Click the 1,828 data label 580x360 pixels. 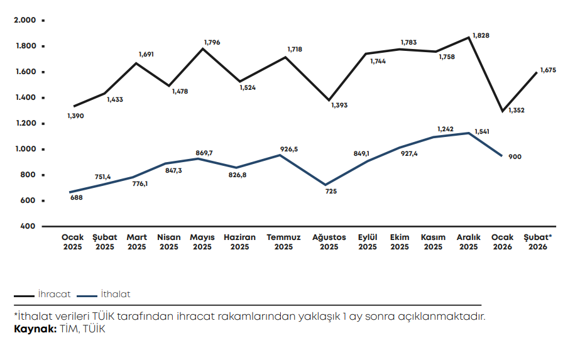[481, 36]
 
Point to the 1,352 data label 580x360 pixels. [516, 111]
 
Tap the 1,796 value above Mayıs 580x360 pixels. [212, 43]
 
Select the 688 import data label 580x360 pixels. [76, 197]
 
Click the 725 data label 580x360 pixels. [331, 191]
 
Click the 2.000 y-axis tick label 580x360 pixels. [25, 20]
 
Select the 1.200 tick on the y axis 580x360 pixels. [25, 123]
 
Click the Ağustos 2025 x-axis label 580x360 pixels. [329, 242]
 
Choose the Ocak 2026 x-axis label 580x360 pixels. [502, 242]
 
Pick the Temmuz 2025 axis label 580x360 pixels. [283, 242]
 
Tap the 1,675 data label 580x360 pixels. [549, 70]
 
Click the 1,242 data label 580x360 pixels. [446, 129]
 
